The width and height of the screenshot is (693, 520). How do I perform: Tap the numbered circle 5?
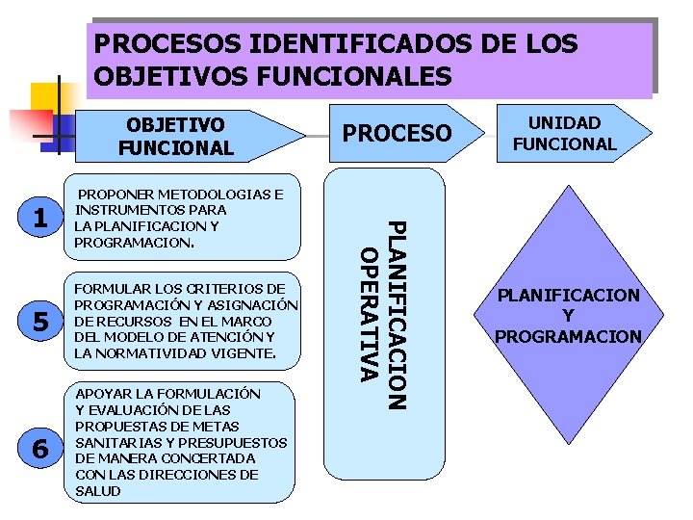click(x=39, y=323)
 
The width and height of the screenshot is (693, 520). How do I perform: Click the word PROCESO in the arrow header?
click(x=397, y=133)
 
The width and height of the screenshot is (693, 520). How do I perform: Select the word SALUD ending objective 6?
click(x=98, y=491)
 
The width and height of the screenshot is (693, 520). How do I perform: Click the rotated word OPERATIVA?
click(x=367, y=313)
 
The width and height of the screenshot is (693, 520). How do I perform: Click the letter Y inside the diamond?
click(x=568, y=316)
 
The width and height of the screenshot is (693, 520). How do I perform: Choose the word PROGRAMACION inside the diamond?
click(x=568, y=336)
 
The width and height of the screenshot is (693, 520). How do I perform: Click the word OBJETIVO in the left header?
click(x=176, y=125)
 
